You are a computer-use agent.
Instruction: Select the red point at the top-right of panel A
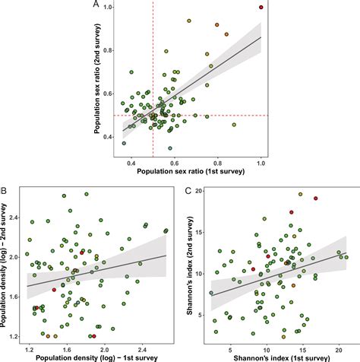coord(261,7)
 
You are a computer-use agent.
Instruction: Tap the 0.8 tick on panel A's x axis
coord(218,162)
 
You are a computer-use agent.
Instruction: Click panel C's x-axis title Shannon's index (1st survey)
coord(279,357)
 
